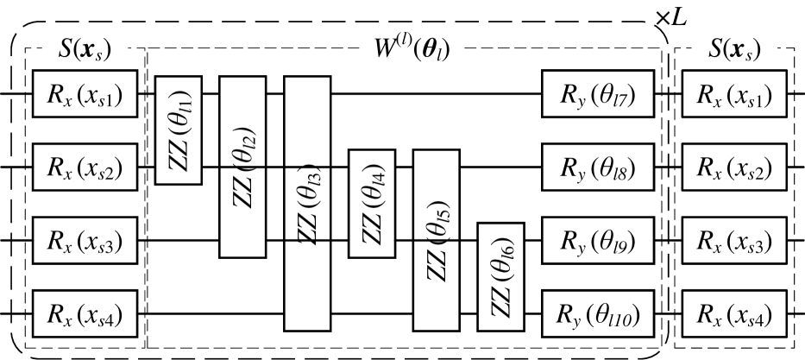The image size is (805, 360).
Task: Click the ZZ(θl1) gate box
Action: click(178, 129)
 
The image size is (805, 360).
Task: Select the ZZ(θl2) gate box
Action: click(242, 167)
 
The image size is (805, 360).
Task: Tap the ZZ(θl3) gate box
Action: click(307, 203)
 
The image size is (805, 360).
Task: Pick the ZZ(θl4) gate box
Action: click(371, 203)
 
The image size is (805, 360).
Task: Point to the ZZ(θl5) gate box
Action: click(436, 240)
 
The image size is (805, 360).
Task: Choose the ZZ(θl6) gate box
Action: click(500, 276)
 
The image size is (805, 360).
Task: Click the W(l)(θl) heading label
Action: click(411, 51)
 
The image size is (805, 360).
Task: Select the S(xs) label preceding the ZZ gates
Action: click(85, 49)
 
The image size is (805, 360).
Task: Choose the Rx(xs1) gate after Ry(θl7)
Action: click(734, 94)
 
